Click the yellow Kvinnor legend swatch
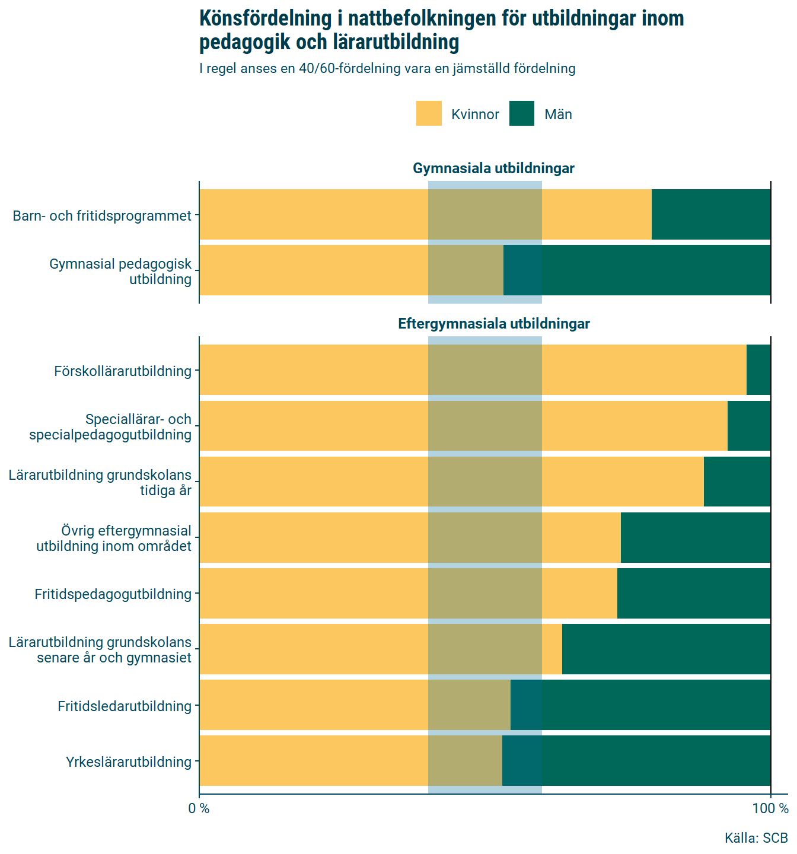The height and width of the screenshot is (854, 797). [x=429, y=113]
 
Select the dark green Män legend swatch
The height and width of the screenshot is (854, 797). [x=522, y=113]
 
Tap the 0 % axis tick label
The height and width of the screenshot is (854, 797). [x=199, y=808]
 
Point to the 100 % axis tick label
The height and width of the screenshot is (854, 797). [x=770, y=808]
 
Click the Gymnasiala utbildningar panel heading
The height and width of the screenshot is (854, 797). [x=493, y=168]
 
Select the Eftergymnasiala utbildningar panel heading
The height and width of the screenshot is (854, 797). [x=493, y=324]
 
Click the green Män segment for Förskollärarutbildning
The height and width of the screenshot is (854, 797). [x=758, y=369]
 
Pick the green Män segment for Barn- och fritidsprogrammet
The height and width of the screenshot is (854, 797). [x=710, y=214]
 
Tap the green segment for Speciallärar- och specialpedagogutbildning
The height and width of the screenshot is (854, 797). [x=749, y=425]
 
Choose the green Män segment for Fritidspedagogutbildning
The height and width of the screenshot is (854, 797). [x=694, y=593]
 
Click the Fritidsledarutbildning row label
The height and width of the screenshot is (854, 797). [x=125, y=706]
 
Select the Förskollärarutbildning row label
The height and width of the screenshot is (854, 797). [x=123, y=371]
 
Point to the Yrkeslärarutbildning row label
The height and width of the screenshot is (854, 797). [x=129, y=762]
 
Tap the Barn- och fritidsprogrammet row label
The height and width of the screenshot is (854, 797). [x=102, y=216]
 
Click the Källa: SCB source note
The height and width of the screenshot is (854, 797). [x=755, y=838]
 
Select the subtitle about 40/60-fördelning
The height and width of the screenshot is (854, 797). [x=387, y=69]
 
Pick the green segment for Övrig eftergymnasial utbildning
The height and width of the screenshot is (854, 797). [x=695, y=537]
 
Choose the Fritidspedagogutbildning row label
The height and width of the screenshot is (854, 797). [x=113, y=594]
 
